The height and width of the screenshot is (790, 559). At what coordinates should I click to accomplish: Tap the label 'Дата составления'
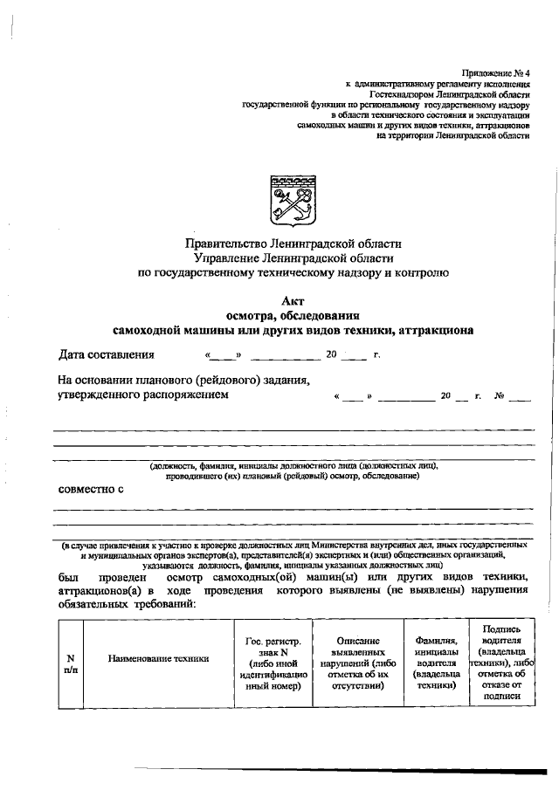[106, 354]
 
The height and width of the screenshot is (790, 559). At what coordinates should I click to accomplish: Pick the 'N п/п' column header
[70, 663]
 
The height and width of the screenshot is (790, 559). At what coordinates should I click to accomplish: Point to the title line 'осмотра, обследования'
[293, 314]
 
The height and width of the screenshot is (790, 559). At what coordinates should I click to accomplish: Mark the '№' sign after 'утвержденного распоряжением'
[500, 395]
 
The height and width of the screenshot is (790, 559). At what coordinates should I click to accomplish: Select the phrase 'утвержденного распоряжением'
[143, 395]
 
